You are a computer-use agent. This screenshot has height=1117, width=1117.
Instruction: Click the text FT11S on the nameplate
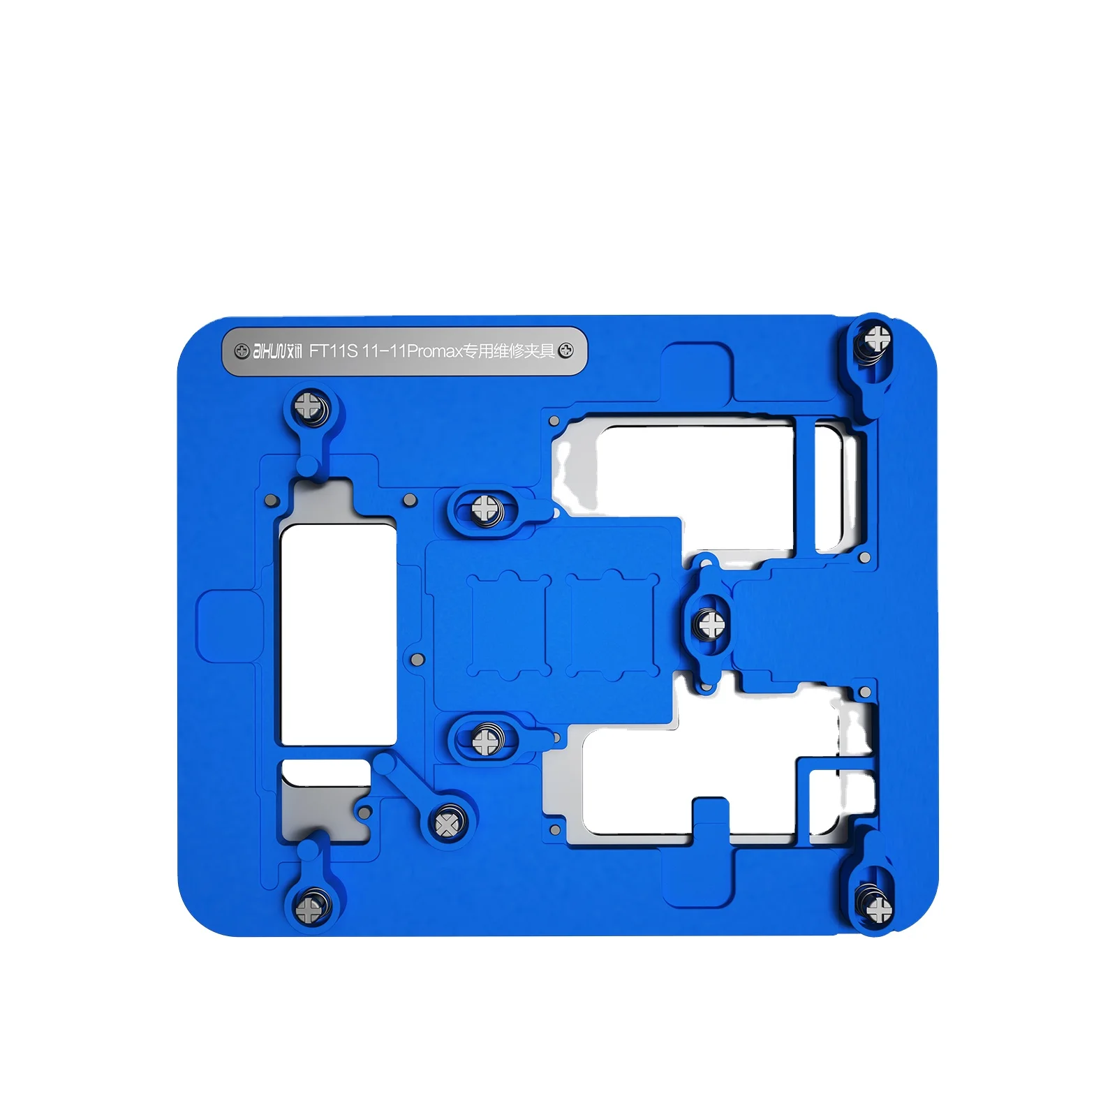[333, 350]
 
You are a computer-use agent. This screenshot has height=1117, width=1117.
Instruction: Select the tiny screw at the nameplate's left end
[242, 350]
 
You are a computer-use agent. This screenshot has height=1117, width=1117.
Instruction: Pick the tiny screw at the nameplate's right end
[566, 350]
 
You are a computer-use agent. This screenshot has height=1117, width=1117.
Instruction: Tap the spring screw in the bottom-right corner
[878, 908]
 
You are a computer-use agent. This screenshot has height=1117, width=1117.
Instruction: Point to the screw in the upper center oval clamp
[485, 509]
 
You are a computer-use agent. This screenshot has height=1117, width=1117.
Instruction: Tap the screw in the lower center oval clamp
[485, 741]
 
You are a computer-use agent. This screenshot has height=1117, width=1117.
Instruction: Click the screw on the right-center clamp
[711, 623]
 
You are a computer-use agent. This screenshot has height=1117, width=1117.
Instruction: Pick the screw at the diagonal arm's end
[447, 824]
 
